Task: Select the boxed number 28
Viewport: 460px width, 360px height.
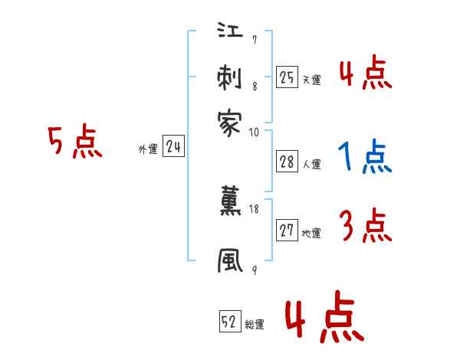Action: click(x=287, y=161)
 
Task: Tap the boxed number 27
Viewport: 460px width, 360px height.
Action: click(x=287, y=231)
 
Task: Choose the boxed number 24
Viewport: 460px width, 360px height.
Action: click(x=173, y=147)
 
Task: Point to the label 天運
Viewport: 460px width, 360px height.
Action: click(x=311, y=80)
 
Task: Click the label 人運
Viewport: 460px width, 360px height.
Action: click(x=311, y=164)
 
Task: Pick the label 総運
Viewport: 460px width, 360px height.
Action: click(x=255, y=325)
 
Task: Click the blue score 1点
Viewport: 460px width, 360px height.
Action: click(x=365, y=158)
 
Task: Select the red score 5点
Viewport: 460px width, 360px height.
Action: click(x=75, y=142)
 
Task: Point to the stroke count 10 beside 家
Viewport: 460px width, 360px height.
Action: click(x=255, y=132)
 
